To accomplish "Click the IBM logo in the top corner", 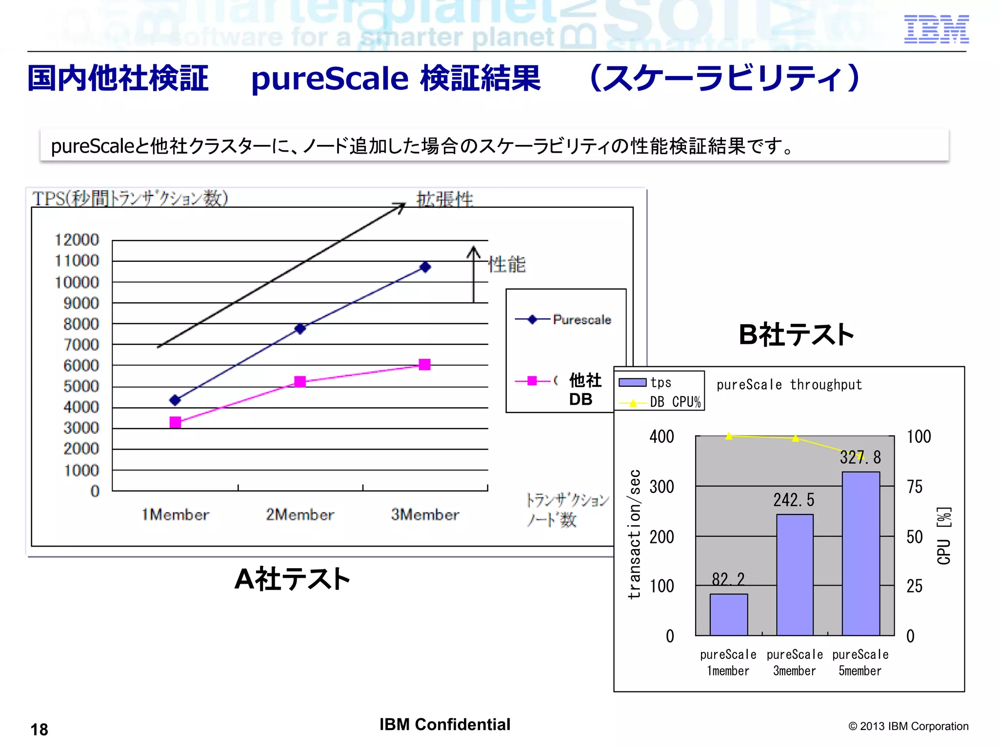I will click(x=936, y=29).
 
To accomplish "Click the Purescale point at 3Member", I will click(x=425, y=267).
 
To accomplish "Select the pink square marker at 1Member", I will click(x=175, y=422).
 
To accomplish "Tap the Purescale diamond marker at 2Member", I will click(x=300, y=329).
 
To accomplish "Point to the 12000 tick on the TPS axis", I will click(x=77, y=240).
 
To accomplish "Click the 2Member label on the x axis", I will click(x=300, y=514).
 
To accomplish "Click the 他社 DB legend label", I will click(x=584, y=389).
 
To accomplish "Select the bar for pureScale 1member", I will click(x=728, y=614).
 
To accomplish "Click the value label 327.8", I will click(x=860, y=457).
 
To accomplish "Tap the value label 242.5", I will click(x=794, y=500).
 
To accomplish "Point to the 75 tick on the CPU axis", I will click(x=914, y=487).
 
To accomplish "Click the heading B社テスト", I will click(x=796, y=335).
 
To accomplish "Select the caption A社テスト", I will click(x=292, y=579).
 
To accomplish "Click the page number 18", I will click(x=40, y=729).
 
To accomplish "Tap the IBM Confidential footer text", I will click(x=444, y=725).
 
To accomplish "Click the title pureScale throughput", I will click(x=789, y=385).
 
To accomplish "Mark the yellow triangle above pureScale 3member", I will click(x=795, y=438).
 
